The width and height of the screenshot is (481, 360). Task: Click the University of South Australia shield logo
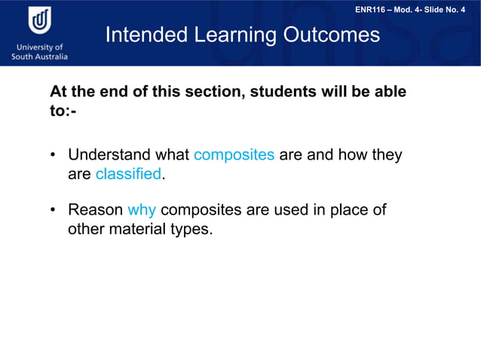coord(39,20)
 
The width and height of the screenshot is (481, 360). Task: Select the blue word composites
coord(234,155)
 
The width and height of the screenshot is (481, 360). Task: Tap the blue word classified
coord(128,174)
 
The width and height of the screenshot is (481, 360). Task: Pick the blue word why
coord(142,209)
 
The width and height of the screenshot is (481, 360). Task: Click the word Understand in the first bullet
coord(109,155)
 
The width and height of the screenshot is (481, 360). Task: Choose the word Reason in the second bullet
coord(95,209)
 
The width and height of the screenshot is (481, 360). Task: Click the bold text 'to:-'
coord(63,111)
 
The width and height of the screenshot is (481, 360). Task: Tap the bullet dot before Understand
coord(54,156)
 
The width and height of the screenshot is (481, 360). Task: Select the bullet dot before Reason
coord(54,210)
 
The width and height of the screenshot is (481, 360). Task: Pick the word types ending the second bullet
coord(191,229)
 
